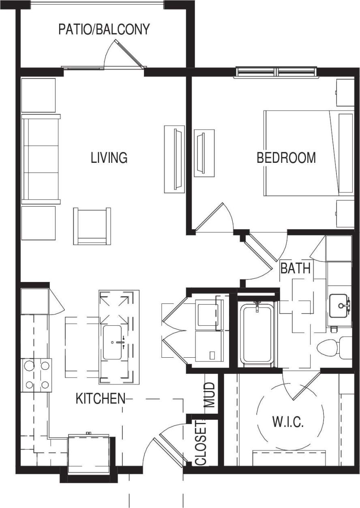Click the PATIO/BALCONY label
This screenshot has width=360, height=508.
click(x=104, y=30)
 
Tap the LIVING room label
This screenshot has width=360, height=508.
click(x=109, y=157)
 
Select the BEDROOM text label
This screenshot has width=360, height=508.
click(x=286, y=158)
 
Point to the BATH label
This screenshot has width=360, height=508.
click(x=296, y=268)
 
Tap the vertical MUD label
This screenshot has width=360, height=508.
click(x=209, y=395)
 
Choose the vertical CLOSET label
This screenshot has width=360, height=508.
click(x=201, y=443)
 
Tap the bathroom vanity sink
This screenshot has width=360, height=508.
click(x=340, y=306)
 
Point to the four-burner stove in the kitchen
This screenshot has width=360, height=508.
click(x=37, y=375)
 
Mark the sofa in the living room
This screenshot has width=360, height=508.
click(x=41, y=159)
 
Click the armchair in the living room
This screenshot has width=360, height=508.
click(x=92, y=226)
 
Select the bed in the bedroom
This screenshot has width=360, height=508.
click(x=308, y=153)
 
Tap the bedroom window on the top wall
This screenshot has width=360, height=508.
click(x=276, y=72)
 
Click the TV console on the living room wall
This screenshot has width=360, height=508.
click(x=174, y=159)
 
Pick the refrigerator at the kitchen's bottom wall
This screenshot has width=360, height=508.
click(x=89, y=453)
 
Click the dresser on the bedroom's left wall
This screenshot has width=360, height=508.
click(x=204, y=153)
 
